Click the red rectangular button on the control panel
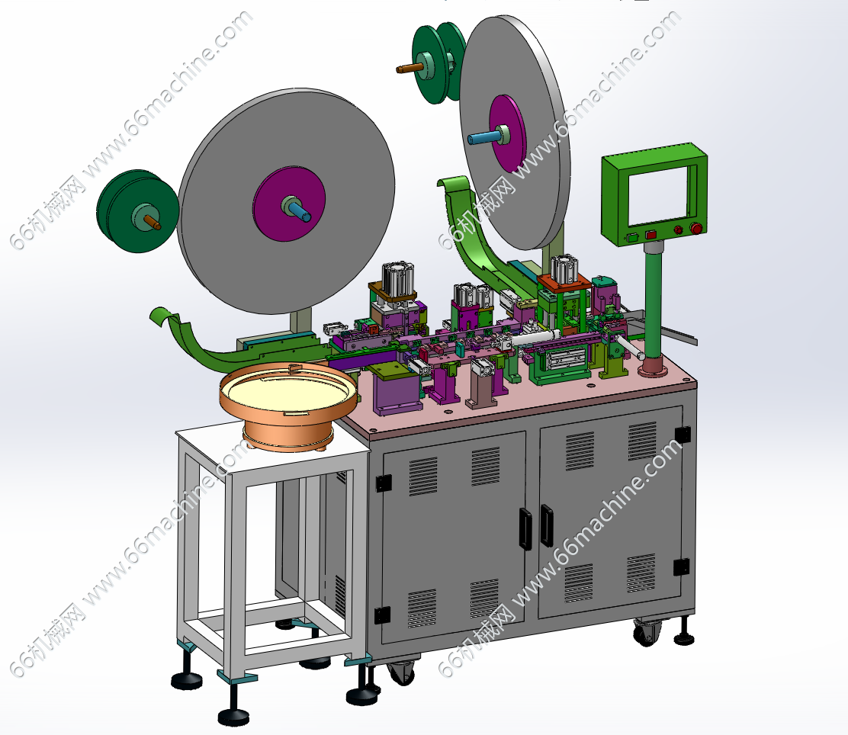tap(650, 234)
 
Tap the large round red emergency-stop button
tap(696, 229)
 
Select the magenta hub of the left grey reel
tap(289, 204)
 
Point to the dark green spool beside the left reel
tap(137, 210)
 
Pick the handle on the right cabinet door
tap(546, 525)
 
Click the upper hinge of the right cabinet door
tap(682, 434)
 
